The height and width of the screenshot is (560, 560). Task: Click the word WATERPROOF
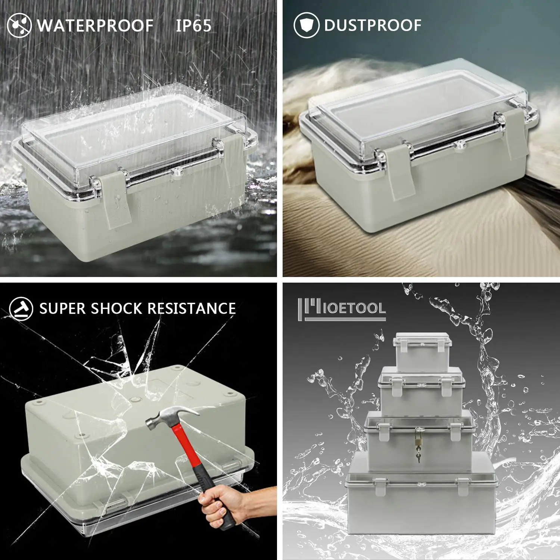(95, 26)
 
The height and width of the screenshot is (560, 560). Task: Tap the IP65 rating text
(193, 26)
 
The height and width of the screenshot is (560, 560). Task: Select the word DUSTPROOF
(373, 25)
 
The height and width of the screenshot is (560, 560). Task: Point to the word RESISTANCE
(192, 309)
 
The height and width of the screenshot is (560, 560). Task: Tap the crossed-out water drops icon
(19, 25)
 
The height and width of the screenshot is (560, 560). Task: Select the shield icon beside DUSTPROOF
(306, 25)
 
